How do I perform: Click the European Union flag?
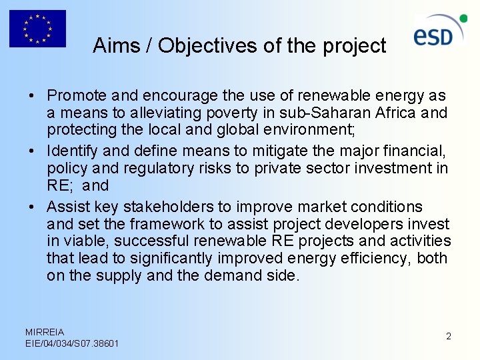(x=37, y=29)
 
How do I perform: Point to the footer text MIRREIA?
(x=45, y=331)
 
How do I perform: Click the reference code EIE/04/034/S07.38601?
(x=72, y=343)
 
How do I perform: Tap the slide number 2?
(x=449, y=336)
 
